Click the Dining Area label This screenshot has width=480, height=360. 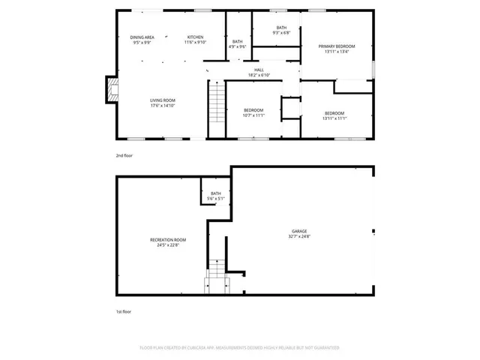[x=142, y=37]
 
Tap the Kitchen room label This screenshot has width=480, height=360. [x=195, y=37]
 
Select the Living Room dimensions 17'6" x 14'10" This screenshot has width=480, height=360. [x=163, y=106]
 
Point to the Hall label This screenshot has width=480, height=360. [x=259, y=70]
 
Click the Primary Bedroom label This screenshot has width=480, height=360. [x=337, y=46]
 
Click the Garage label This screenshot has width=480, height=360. [x=299, y=231]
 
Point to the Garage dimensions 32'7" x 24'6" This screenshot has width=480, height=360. [x=299, y=236]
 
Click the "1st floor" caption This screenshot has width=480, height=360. [x=124, y=310]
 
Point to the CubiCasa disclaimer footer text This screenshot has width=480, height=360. [x=239, y=348]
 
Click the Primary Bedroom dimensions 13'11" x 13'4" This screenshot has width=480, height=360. [x=337, y=52]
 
